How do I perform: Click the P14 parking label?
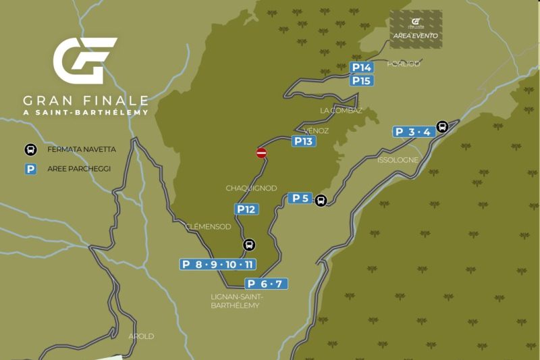362,68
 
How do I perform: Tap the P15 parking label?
362,80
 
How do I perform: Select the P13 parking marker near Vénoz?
303,141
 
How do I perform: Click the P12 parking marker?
246,209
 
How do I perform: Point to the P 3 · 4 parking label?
413,132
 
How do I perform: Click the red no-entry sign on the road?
261,153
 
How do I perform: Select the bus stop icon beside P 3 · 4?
441,126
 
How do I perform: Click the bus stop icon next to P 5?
321,200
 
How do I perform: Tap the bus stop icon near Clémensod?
248,245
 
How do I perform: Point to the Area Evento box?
416,29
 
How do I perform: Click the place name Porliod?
404,63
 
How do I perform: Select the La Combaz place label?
342,110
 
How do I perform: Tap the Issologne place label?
398,160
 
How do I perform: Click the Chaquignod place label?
251,188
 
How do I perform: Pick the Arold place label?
141,336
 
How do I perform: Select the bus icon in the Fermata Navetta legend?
30,150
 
